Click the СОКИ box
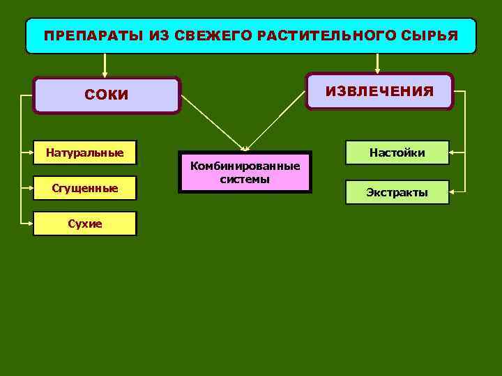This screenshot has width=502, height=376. tap(107, 95)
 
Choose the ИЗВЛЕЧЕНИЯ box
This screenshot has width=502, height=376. tap(379, 91)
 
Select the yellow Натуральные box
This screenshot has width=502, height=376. tap(84, 152)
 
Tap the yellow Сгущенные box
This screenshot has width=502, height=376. tap(84, 187)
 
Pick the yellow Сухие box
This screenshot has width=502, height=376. tap(84, 224)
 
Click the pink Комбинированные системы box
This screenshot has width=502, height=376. tap(245, 172)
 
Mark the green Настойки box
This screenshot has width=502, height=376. tap(397, 152)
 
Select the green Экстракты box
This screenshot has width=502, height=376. tap(397, 192)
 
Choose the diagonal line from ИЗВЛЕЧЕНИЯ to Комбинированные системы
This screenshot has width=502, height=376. tap(279, 125)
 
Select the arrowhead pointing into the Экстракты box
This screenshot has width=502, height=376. tap(453, 189)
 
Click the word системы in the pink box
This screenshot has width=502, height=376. tap(245, 179)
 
